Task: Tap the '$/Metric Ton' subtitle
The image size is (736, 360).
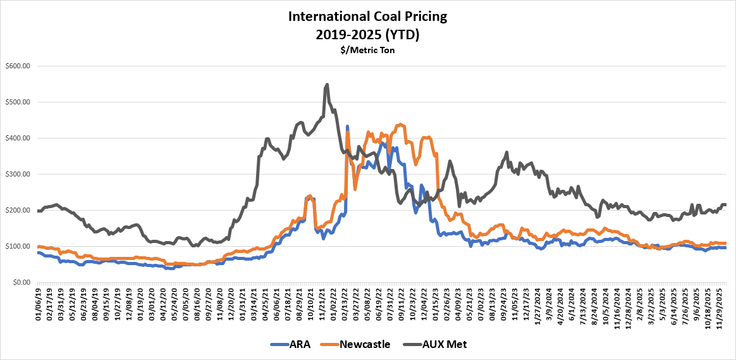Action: [x=368, y=49]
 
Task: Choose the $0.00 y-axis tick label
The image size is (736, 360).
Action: [x=21, y=282]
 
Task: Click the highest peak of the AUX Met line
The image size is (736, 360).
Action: [x=327, y=84]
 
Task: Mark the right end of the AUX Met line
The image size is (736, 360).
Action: [x=725, y=204]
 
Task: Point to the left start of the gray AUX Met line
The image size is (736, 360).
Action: [x=38, y=211]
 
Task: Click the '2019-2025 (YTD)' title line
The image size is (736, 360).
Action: [x=368, y=34]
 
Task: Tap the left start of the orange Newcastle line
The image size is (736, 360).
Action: [x=38, y=247]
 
